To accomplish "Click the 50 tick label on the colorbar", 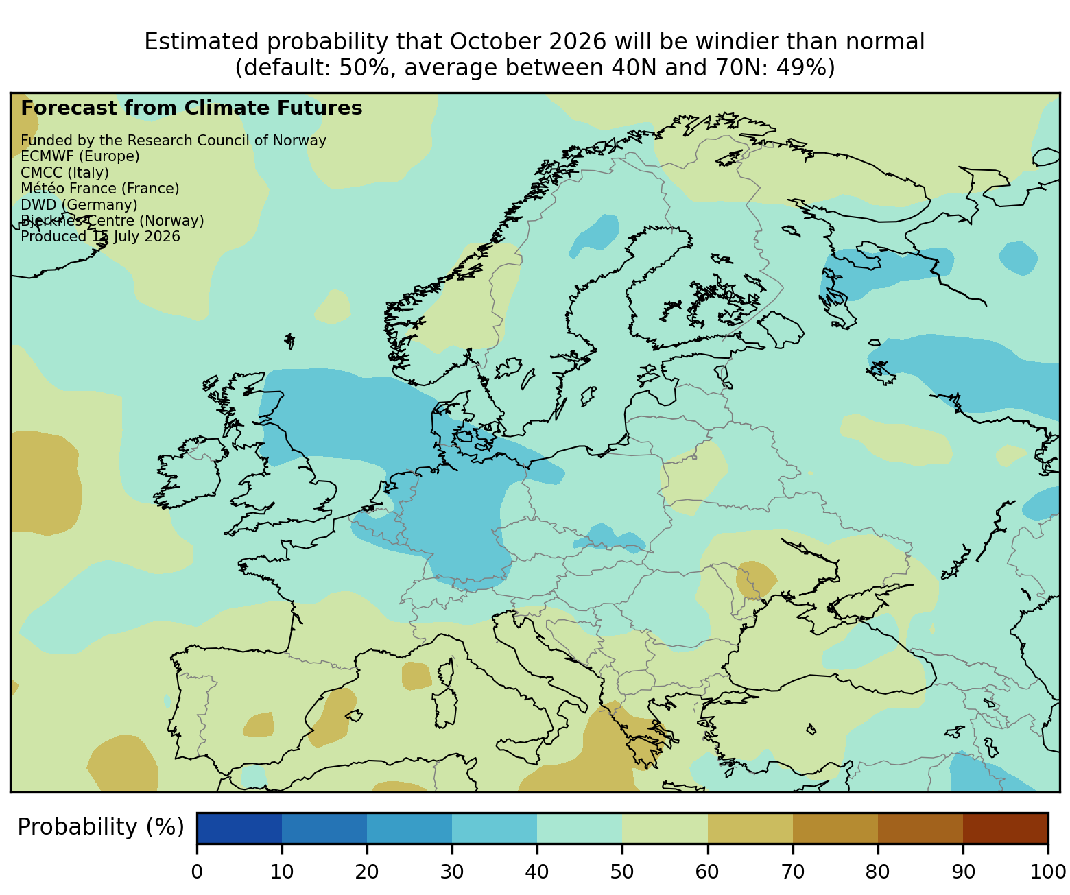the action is [x=621, y=871].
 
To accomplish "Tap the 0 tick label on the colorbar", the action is [x=197, y=871].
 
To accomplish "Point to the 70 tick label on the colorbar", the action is [x=792, y=871].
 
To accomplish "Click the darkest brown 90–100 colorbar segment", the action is [x=1006, y=828].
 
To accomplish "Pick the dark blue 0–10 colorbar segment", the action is [x=239, y=828].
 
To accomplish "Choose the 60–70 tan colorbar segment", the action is [x=750, y=828].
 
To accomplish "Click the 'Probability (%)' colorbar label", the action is [x=100, y=827].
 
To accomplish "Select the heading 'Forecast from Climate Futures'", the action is [x=191, y=108].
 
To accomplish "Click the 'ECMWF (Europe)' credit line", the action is [x=80, y=156].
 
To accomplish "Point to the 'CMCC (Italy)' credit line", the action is [x=64, y=173].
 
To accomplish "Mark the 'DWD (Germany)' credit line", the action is [x=79, y=205].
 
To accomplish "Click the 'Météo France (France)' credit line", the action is [x=100, y=189].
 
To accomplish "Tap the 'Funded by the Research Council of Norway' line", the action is [x=174, y=141].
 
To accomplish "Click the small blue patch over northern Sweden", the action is [x=595, y=235].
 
